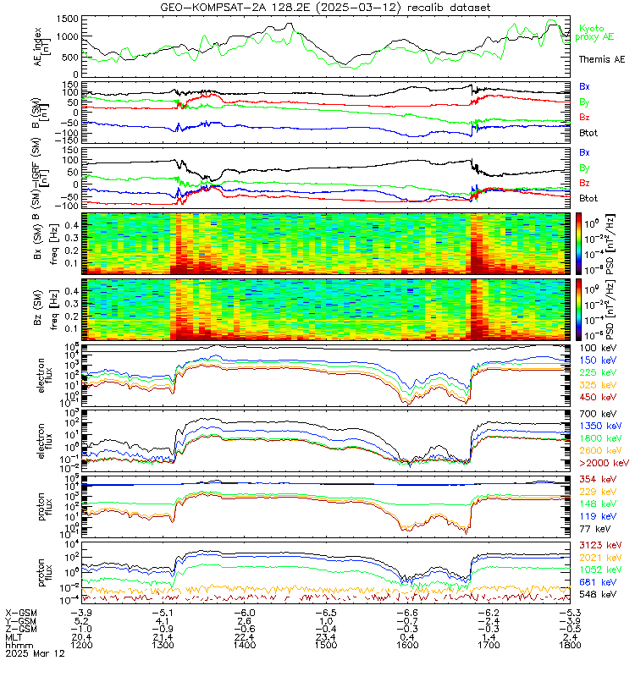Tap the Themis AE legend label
601,60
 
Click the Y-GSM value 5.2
81,621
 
